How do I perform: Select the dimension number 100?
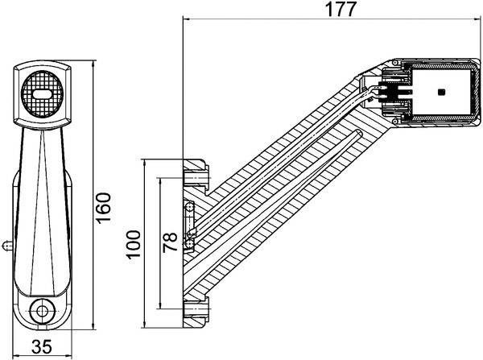pos(134,244)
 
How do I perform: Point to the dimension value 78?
pos(171,243)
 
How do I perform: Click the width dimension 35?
pos(42,347)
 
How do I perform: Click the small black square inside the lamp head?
pos(441,93)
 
